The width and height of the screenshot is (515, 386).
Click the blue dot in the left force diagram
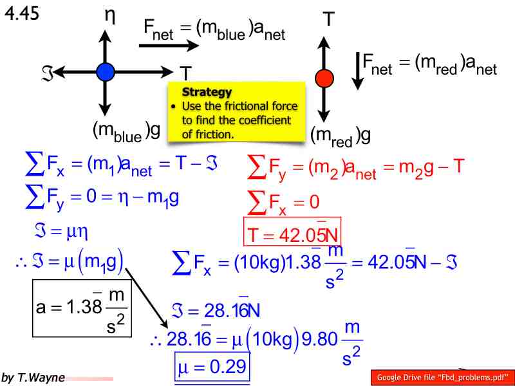[106, 72]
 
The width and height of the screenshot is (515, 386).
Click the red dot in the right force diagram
[324, 78]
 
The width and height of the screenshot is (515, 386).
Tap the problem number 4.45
[22, 14]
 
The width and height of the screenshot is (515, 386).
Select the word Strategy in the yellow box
[207, 92]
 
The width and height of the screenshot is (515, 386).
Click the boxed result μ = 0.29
[212, 366]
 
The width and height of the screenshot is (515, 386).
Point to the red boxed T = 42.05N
[292, 232]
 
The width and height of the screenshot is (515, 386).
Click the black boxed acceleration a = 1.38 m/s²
[82, 308]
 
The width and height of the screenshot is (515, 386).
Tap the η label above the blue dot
[110, 17]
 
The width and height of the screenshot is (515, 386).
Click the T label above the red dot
[329, 19]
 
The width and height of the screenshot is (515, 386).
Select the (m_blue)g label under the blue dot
[126, 132]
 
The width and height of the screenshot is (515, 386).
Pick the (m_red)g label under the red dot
[341, 136]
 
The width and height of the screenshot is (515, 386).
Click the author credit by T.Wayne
[33, 378]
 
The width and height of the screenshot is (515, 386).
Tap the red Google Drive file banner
[443, 377]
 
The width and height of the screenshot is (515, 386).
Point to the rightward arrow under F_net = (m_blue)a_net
[169, 45]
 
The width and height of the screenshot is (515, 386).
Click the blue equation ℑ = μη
[61, 232]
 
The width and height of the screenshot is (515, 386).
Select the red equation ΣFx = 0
[283, 202]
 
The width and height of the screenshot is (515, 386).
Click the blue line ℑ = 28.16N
[216, 310]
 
